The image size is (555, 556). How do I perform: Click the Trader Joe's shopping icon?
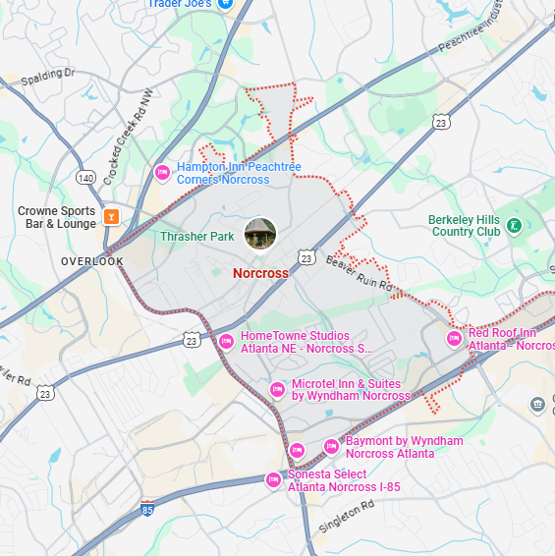pyautogui.click(x=225, y=4)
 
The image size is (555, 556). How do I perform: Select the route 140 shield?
pyautogui.click(x=86, y=178)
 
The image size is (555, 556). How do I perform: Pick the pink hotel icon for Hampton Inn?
pyautogui.click(x=163, y=173)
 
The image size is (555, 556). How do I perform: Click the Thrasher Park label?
pyautogui.click(x=197, y=237)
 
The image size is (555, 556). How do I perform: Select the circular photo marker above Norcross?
pyautogui.click(x=260, y=235)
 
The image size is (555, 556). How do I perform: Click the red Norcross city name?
pyautogui.click(x=260, y=273)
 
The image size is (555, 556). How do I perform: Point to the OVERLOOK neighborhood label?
pyautogui.click(x=92, y=261)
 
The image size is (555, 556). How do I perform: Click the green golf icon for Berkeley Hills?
pyautogui.click(x=514, y=227)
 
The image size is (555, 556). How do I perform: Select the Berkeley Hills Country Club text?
pyautogui.click(x=465, y=226)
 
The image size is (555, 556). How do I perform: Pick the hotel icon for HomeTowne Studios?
pyautogui.click(x=226, y=341)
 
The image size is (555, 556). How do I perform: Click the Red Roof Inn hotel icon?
pyautogui.click(x=454, y=339)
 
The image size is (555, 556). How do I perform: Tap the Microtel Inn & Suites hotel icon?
pyautogui.click(x=278, y=390)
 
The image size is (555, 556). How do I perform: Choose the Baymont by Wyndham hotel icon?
pyautogui.click(x=332, y=447)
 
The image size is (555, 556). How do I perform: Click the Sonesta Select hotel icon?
pyautogui.click(x=274, y=479)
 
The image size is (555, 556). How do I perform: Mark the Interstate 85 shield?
pyautogui.click(x=147, y=508)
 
